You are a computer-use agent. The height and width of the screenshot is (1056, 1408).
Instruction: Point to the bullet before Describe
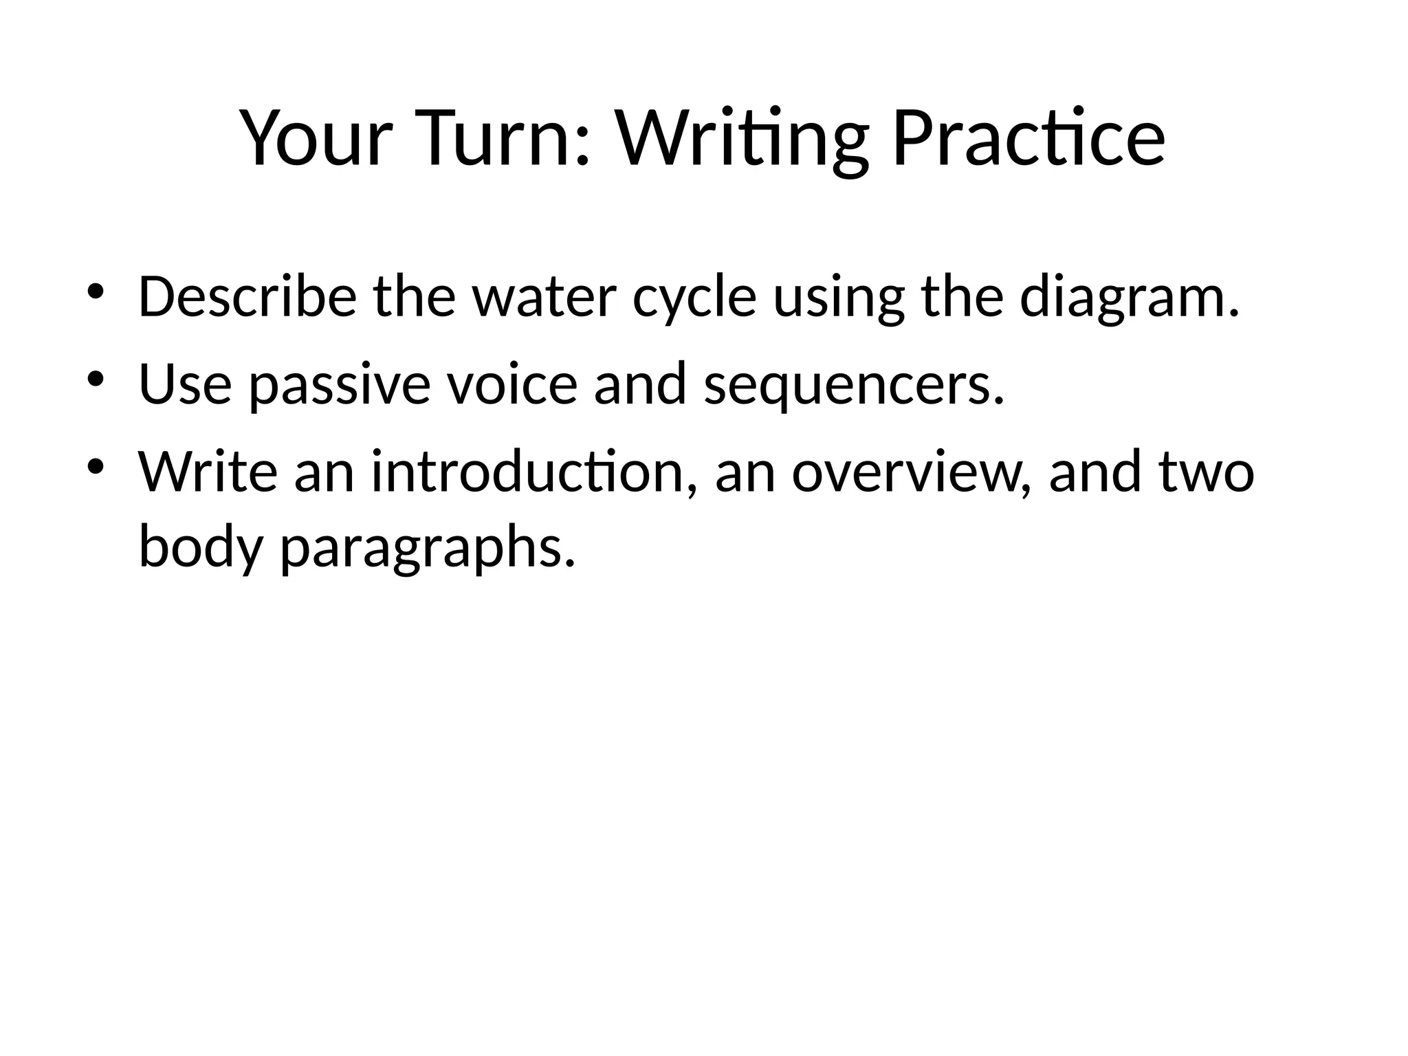tap(95, 291)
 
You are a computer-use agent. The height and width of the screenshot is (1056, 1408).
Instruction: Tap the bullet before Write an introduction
tap(95, 465)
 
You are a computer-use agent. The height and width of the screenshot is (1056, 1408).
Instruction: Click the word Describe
tap(247, 298)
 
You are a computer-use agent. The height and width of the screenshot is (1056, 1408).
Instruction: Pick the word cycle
tap(694, 298)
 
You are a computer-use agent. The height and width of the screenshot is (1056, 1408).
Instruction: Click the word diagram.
tap(1130, 298)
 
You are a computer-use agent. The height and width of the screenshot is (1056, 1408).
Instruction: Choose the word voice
tap(512, 385)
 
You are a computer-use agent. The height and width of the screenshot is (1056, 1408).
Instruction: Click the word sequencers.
tap(854, 385)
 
